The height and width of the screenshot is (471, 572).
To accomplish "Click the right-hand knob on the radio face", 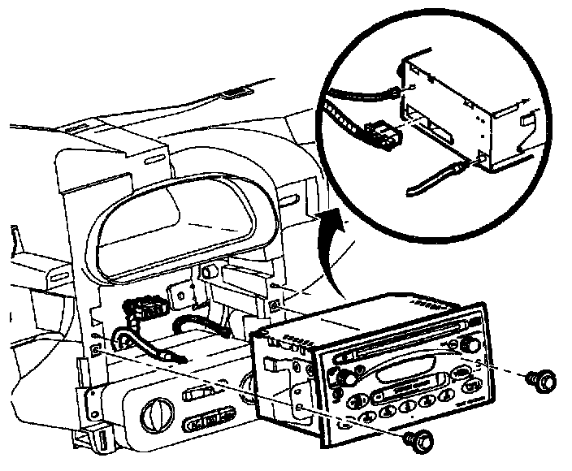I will tap(469, 344).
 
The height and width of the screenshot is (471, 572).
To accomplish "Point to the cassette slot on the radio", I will tap(402, 375).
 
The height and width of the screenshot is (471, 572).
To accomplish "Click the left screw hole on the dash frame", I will tap(97, 350).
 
